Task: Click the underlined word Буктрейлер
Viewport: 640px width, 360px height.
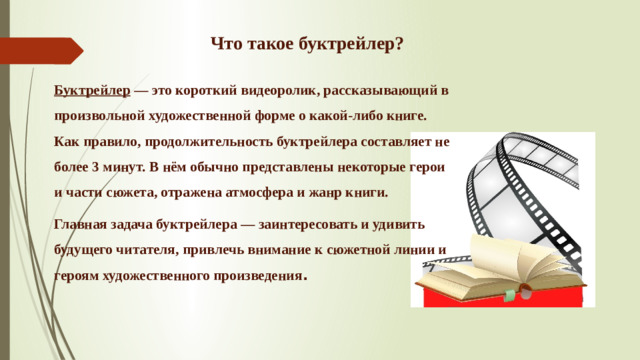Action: point(92,90)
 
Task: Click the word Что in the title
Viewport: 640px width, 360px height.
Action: point(225,44)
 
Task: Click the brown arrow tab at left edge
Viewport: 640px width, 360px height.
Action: point(40,49)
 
